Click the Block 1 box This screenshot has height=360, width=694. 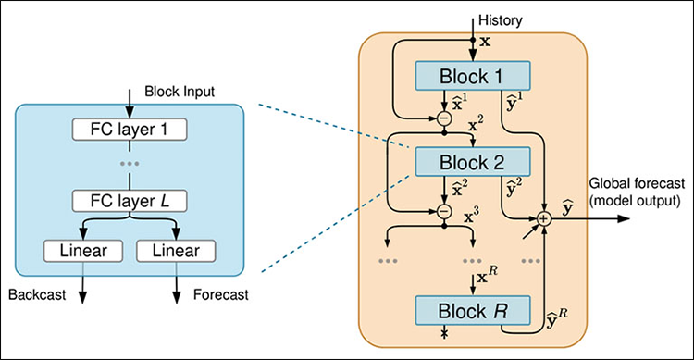coord(473,75)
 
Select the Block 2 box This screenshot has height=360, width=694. coord(473,162)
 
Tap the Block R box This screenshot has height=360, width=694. coord(473,308)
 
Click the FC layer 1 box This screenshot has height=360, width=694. coord(129,128)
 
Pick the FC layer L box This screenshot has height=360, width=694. coord(129,199)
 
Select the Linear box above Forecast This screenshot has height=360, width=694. coord(176,251)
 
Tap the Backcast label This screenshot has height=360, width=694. coord(35,297)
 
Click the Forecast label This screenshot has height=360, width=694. coord(221,297)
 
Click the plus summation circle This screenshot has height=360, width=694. coord(544,218)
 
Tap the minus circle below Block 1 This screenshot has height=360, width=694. coord(445,118)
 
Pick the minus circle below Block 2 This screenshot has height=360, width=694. coord(445,212)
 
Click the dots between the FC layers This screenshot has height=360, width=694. coord(129,163)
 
